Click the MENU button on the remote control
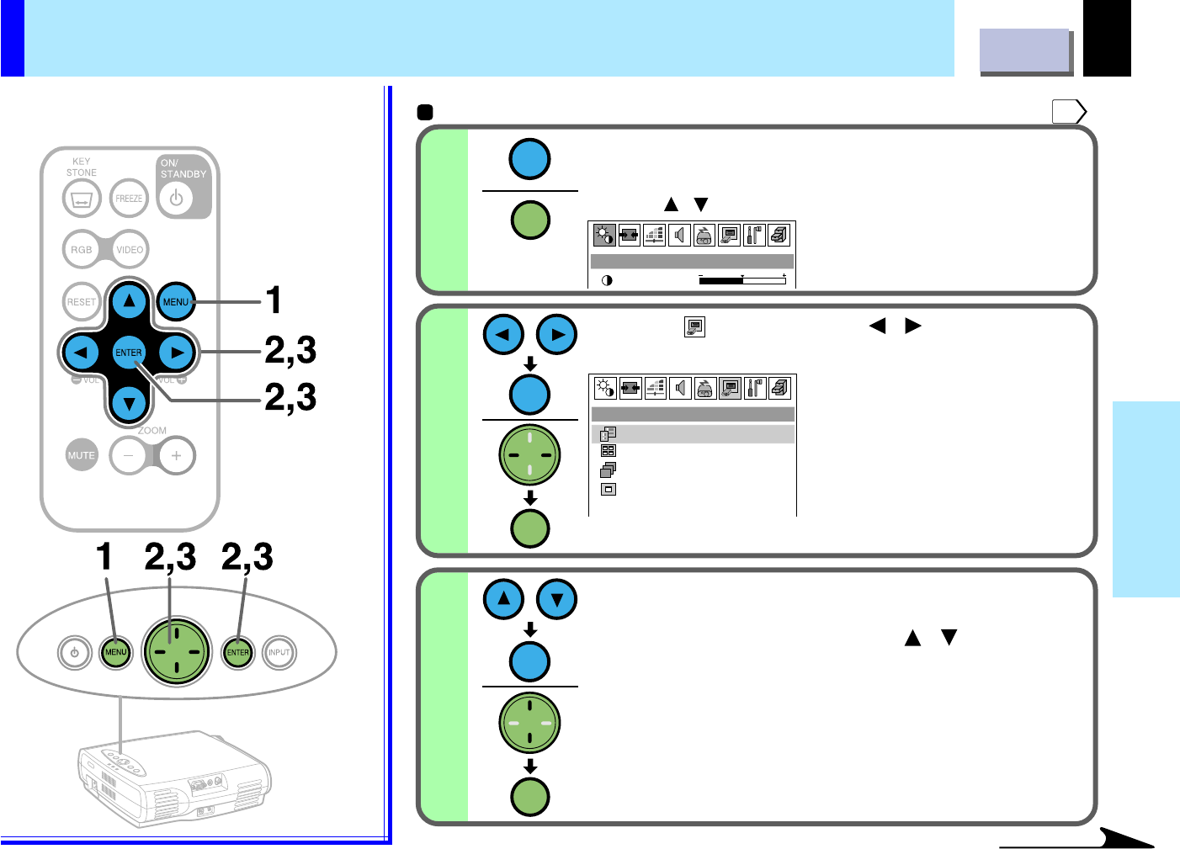coord(176,301)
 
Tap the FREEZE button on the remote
coord(129,199)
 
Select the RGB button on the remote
coord(82,249)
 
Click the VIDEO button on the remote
coord(130,249)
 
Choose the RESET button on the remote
coord(82,301)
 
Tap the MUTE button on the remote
coord(82,455)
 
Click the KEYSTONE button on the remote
coord(82,199)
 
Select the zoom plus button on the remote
coord(176,455)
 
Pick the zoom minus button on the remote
coord(129,455)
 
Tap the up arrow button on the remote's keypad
coord(129,300)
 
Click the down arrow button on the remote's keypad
coord(129,404)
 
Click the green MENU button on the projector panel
coord(115,652)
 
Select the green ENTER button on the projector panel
coord(237,652)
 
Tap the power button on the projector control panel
coord(75,652)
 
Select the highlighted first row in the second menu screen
coord(693,434)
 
